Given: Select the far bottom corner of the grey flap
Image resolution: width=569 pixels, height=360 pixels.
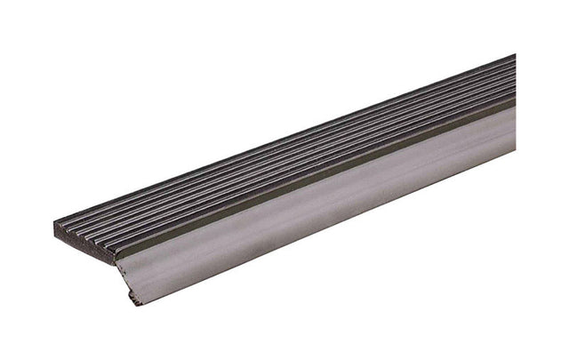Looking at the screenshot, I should tap(515, 151).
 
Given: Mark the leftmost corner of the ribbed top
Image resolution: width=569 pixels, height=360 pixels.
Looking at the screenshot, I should tap(55, 224).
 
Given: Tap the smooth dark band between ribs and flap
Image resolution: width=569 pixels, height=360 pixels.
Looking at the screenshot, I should tap(311, 182).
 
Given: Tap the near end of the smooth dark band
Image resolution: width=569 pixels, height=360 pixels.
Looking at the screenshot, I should tap(121, 252).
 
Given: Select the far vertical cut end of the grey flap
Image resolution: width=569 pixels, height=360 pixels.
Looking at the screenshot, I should tap(515, 129).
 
